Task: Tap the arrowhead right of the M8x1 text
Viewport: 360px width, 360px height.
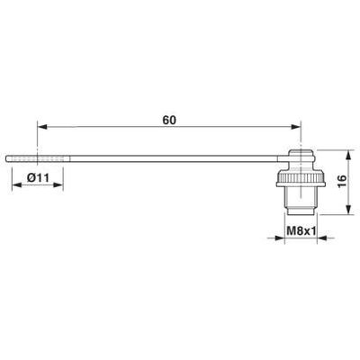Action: pyautogui.click(x=317, y=238)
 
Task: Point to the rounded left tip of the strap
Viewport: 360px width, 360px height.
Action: pyautogui.click(x=8, y=159)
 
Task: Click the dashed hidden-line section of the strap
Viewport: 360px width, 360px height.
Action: pyautogui.click(x=23, y=159)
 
